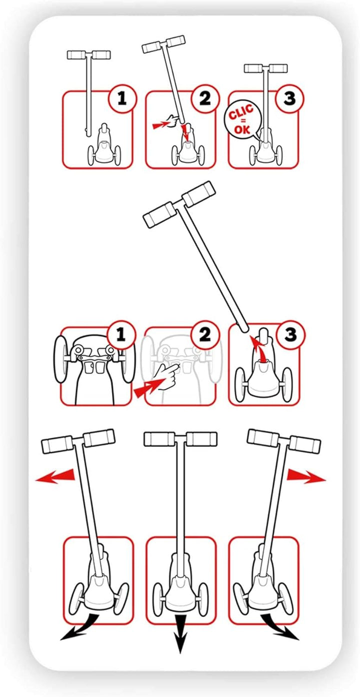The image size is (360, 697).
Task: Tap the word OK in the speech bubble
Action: click(242, 129)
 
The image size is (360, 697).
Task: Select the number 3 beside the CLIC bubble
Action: click(289, 98)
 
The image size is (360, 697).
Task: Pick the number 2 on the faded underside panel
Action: click(204, 335)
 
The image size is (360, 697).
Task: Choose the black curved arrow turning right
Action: click(279, 627)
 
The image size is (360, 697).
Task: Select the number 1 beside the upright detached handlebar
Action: click(122, 98)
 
